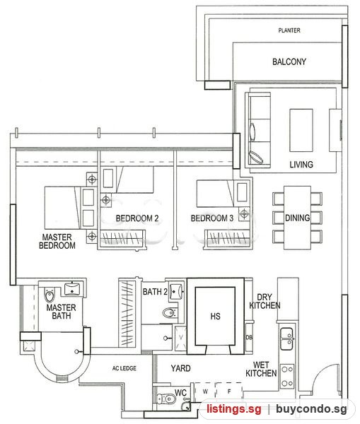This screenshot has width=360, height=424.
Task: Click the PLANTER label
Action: [x=289, y=30]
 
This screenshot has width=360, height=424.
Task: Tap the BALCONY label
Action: [x=289, y=61]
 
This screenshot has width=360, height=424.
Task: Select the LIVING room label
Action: [x=301, y=165]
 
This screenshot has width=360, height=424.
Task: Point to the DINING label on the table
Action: [x=297, y=218]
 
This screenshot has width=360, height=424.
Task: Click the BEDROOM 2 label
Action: [x=137, y=218]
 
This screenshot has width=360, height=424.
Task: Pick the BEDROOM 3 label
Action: [x=212, y=218]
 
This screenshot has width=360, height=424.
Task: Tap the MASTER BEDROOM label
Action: [x=57, y=241]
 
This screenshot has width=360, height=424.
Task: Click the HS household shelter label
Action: [x=215, y=316]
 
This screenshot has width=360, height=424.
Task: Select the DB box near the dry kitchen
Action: [x=249, y=337]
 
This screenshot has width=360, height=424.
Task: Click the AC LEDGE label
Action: [x=124, y=368]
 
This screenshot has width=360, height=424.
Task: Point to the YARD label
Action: [x=180, y=368]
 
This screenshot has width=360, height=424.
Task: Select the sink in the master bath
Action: [x=72, y=288]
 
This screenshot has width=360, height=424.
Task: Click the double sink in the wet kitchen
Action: [x=286, y=338]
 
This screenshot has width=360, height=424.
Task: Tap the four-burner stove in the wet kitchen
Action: [x=287, y=376]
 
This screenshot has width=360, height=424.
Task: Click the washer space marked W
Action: [x=205, y=391]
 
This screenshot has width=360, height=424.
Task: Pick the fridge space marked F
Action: [x=229, y=391]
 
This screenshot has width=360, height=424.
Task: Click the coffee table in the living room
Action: [x=301, y=130]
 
